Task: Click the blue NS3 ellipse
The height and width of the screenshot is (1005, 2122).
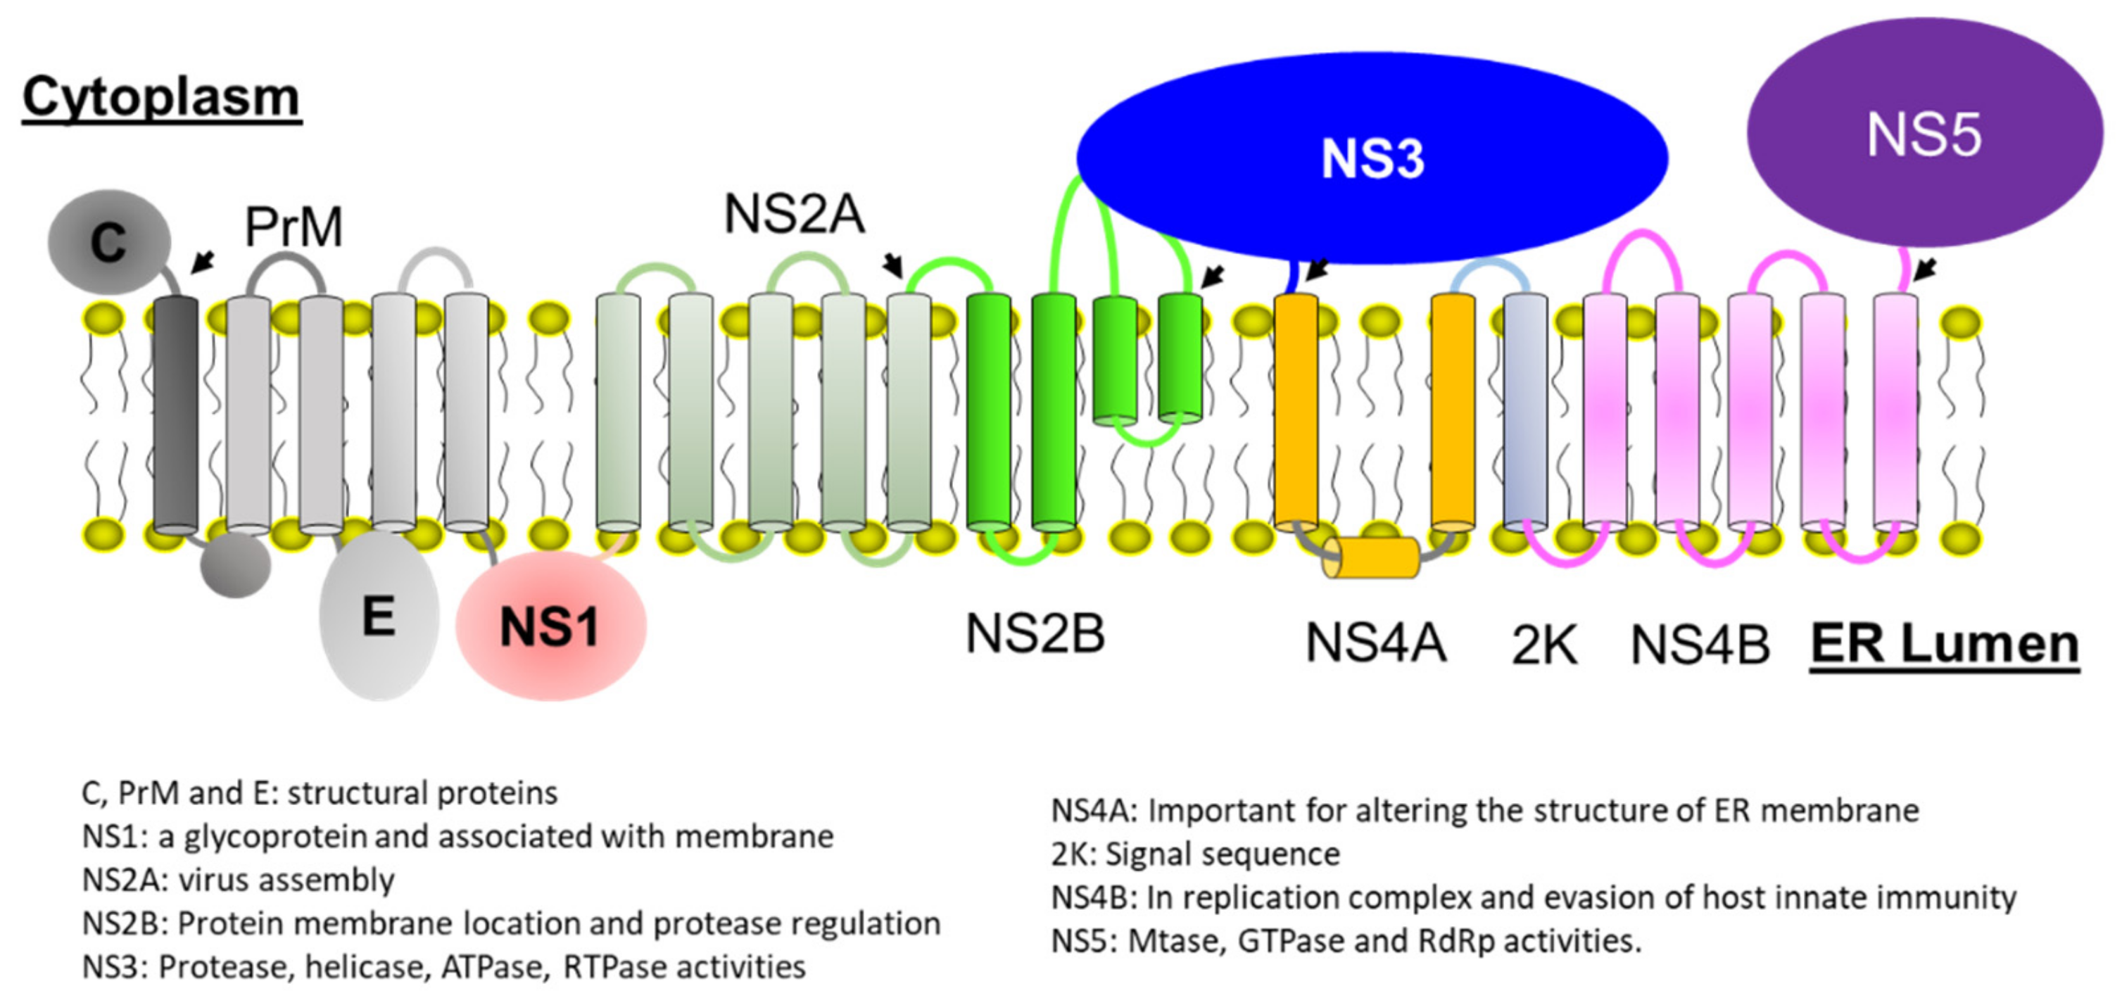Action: pyautogui.click(x=1372, y=158)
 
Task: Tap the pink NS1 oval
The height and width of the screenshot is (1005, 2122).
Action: pyautogui.click(x=551, y=626)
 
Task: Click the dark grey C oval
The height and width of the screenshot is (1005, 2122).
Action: pyautogui.click(x=108, y=242)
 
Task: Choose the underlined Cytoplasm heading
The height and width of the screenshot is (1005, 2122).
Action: pyautogui.click(x=161, y=97)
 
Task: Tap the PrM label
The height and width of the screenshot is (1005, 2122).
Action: pyautogui.click(x=294, y=227)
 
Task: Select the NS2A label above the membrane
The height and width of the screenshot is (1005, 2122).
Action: pyautogui.click(x=795, y=214)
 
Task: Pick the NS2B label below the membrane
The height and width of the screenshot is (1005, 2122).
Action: pyautogui.click(x=1035, y=633)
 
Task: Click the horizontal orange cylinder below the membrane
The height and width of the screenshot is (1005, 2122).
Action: pyautogui.click(x=1372, y=557)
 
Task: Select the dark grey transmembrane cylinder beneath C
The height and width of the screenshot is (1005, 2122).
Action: pyautogui.click(x=176, y=415)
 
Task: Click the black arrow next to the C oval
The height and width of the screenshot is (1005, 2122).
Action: pyautogui.click(x=203, y=262)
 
